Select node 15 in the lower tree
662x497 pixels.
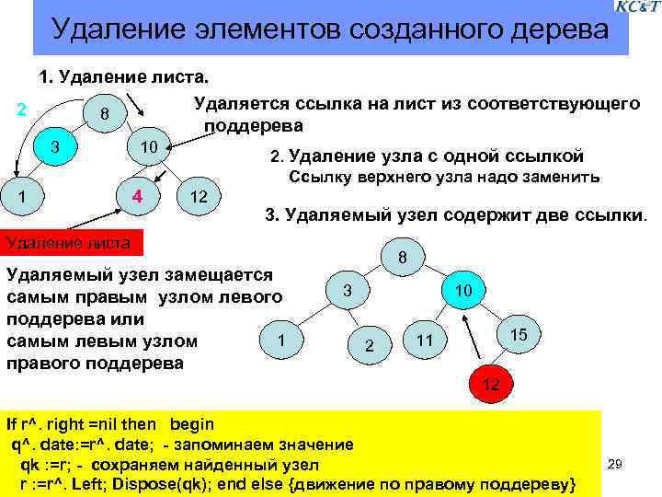[517, 334]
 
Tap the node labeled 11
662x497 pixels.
[424, 341]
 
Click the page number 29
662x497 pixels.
[616, 466]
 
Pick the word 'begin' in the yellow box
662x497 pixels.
[192, 424]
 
